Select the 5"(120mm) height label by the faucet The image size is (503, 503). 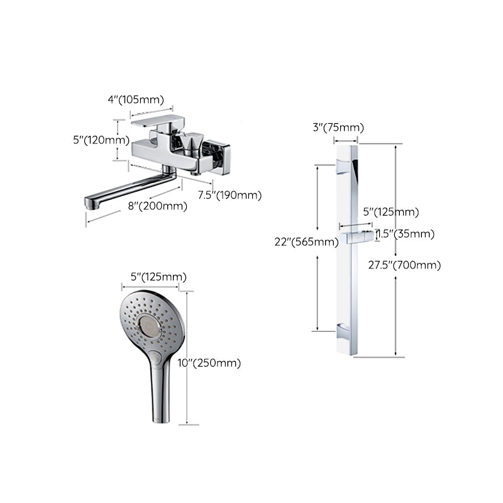click(101, 140)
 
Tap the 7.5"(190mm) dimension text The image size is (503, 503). click(229, 195)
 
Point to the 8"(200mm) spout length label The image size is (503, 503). click(157, 206)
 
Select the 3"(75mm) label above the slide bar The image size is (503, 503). click(338, 128)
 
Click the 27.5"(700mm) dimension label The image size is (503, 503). click(404, 265)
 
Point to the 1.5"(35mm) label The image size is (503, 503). click(406, 234)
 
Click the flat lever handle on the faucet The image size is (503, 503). click(152, 121)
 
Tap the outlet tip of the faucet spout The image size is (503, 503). click(91, 202)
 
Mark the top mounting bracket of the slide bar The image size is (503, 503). click(343, 166)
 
